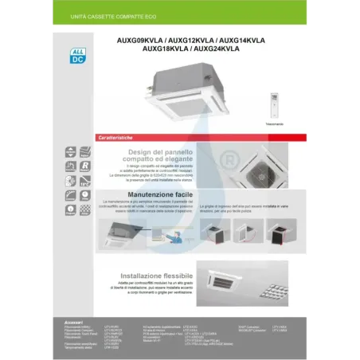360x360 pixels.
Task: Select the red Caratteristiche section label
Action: [x=119, y=138]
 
